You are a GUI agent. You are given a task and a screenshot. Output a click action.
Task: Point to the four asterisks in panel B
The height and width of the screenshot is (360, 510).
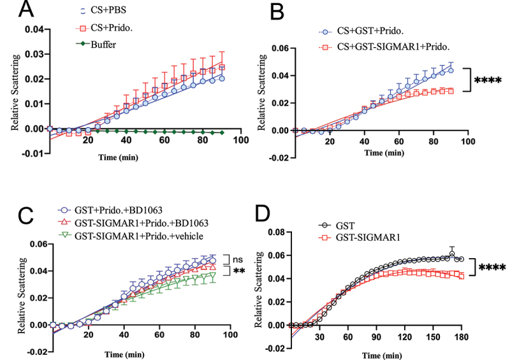tap(489, 82)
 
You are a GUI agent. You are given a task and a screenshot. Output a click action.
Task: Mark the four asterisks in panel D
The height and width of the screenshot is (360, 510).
tap(489, 267)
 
